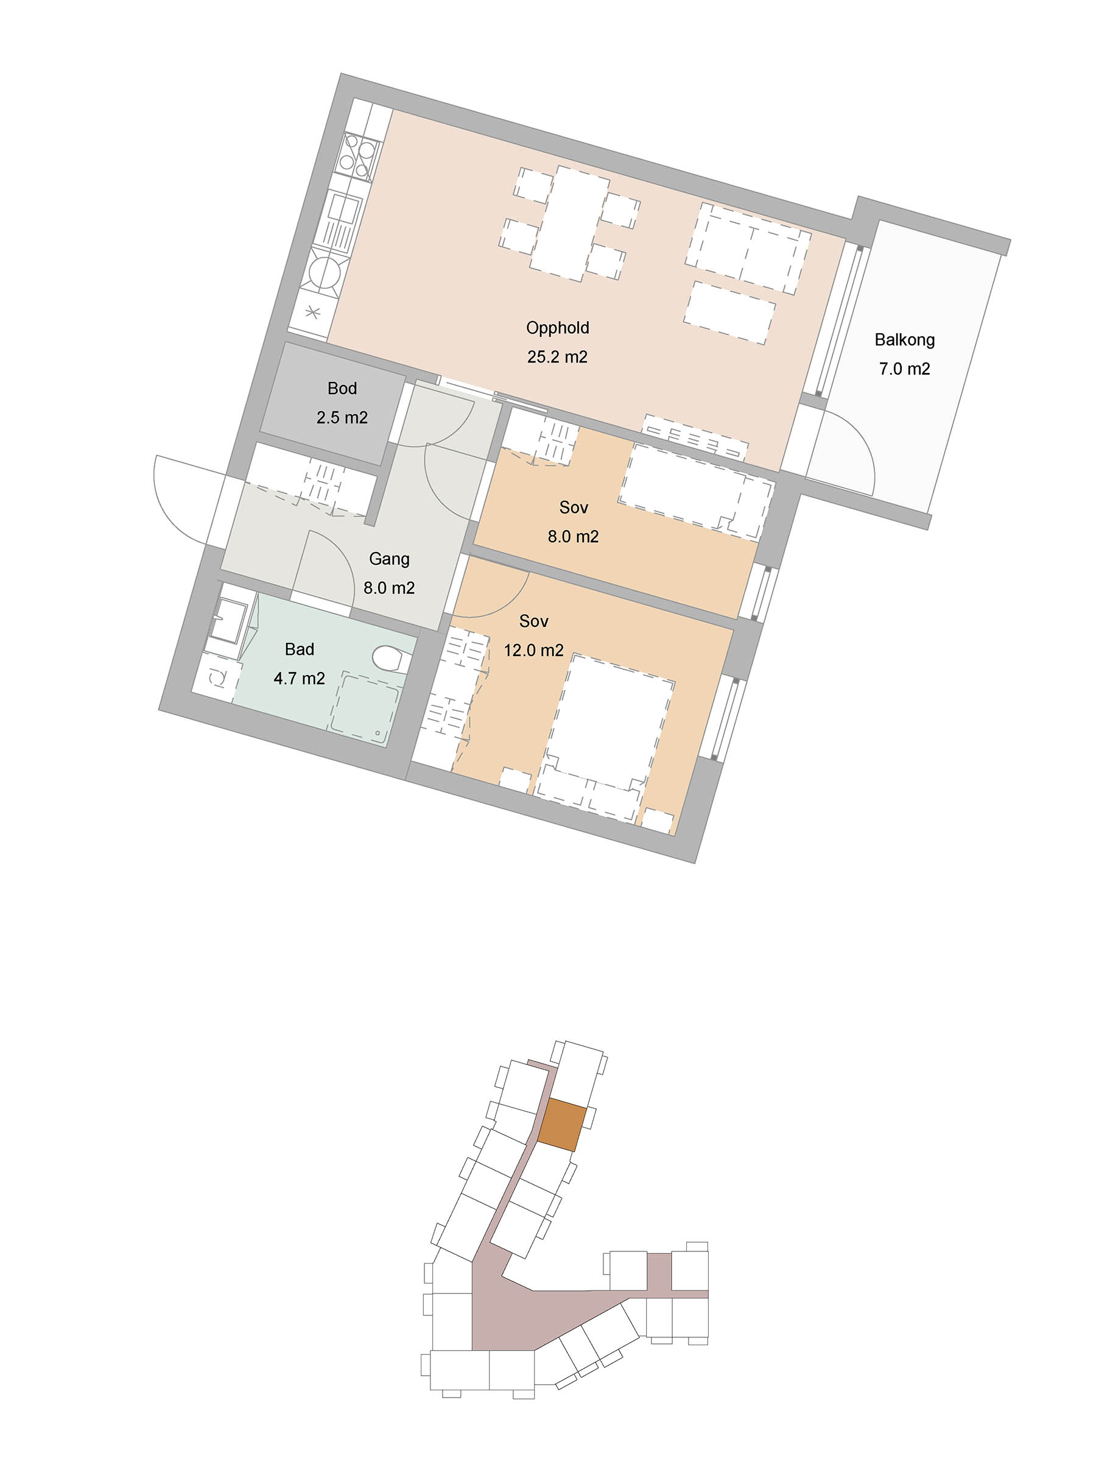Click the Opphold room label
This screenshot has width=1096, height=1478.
557,328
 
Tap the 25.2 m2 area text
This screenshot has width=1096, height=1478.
557,357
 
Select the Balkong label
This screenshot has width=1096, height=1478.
904,340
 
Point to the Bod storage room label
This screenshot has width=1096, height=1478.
342,388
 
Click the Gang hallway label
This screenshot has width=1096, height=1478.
390,559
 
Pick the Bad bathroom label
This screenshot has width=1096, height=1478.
299,649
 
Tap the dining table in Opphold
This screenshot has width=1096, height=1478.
570,223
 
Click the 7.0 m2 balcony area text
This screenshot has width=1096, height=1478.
904,369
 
